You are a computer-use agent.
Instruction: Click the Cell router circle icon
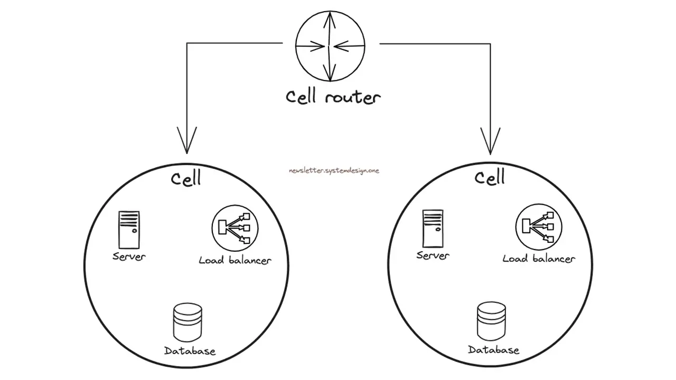click(330, 46)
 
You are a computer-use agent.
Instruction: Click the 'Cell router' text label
click(333, 97)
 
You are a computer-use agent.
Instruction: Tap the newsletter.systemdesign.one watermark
click(334, 170)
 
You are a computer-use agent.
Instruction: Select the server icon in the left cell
click(129, 230)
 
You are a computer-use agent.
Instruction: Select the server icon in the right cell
click(433, 228)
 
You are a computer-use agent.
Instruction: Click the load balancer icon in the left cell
click(234, 227)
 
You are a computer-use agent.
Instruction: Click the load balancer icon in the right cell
click(538, 226)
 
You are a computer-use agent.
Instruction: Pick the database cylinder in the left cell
click(187, 322)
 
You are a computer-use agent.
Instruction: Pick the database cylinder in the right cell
click(491, 321)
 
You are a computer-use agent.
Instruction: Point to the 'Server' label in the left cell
click(129, 256)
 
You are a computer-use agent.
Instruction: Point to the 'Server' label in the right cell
click(433, 255)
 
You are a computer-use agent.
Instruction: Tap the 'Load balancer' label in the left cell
click(235, 260)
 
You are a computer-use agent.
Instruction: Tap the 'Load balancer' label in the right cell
click(539, 259)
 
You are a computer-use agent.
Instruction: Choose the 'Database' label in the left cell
click(190, 351)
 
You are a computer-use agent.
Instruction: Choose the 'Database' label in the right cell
click(493, 350)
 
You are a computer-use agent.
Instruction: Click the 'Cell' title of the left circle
click(186, 178)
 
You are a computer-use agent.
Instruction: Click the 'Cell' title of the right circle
click(490, 177)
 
